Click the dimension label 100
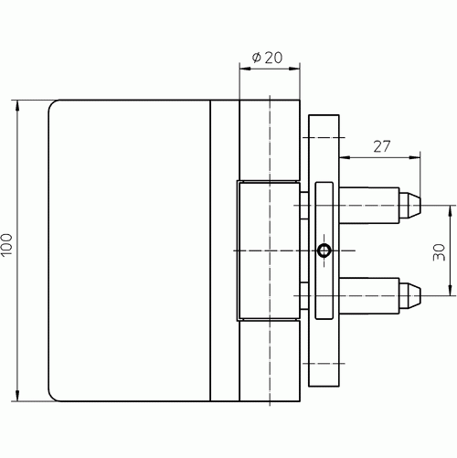tap(6, 245)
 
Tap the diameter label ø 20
tap(267, 58)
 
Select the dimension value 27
tap(382, 146)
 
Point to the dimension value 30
tap(439, 252)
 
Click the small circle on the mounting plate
tap(324, 250)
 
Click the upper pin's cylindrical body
tap(369, 206)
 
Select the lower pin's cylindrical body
tap(369, 295)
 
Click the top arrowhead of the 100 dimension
tap(17, 105)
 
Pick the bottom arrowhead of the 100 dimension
tap(17, 396)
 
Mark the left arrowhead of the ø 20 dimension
tap(245, 69)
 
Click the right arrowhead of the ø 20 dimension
tap(294, 69)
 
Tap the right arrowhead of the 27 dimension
tap(415, 157)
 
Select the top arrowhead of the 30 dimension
tap(451, 211)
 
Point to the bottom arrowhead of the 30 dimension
tap(451, 290)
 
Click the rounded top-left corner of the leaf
tap(52, 103)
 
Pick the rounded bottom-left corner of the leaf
tap(52, 398)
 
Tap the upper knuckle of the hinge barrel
tap(270, 140)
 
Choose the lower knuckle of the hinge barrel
tap(270, 361)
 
